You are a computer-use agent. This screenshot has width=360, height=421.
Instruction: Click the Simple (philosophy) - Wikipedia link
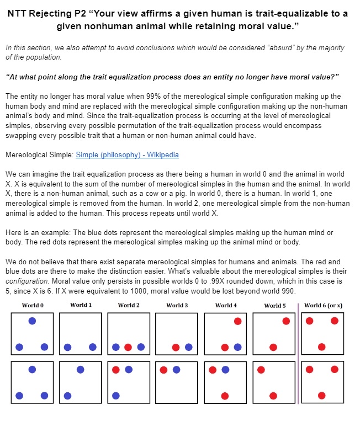(127, 155)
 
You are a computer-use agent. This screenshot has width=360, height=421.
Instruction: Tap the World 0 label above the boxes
(33, 305)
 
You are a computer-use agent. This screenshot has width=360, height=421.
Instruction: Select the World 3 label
(177, 305)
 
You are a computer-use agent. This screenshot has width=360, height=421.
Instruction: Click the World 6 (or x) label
(323, 305)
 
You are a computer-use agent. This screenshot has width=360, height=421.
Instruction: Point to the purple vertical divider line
(298, 353)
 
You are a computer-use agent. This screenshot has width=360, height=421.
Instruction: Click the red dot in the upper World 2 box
(128, 347)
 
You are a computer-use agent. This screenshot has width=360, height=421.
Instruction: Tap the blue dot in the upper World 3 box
(189, 347)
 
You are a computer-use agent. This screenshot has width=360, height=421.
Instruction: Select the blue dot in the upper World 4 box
(237, 347)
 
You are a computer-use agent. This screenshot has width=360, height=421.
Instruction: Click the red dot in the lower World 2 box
(116, 369)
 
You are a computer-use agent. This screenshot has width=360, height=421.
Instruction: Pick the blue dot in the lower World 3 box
(177, 369)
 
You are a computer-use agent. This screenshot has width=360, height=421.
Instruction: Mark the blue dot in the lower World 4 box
(225, 369)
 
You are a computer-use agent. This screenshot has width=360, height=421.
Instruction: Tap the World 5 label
(275, 305)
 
